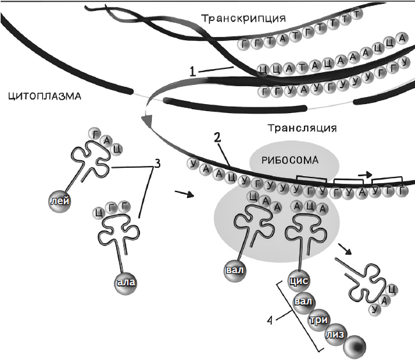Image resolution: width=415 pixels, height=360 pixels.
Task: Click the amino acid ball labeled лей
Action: [x=56, y=201]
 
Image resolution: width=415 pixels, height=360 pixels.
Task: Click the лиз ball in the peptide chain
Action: [x=335, y=335]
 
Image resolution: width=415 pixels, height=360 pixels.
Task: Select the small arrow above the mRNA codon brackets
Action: [x=366, y=172]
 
